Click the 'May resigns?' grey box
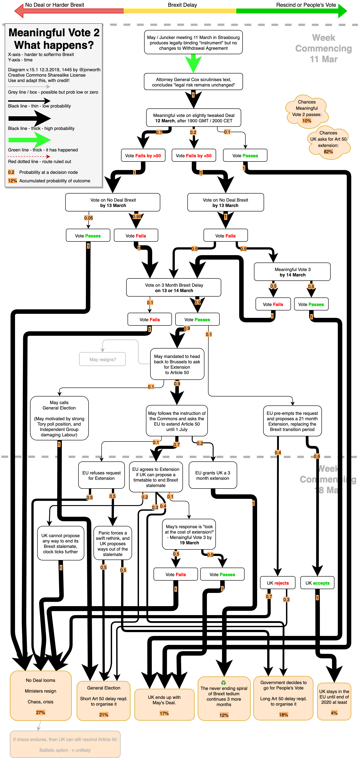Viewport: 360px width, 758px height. [x=102, y=359]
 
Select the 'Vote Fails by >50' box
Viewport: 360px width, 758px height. [x=143, y=155]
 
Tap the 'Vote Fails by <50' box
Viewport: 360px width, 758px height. [x=194, y=155]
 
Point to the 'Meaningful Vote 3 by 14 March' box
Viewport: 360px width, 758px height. [x=292, y=272]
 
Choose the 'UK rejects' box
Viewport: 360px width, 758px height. [x=278, y=583]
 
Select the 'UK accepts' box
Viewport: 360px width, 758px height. [x=317, y=583]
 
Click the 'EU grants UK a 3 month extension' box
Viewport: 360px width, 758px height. [x=213, y=475]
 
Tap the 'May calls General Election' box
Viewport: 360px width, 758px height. [x=59, y=418]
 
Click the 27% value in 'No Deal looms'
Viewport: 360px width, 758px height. [x=41, y=712]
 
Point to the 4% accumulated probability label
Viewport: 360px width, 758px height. [x=334, y=713]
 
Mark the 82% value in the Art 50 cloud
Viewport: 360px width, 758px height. [x=328, y=152]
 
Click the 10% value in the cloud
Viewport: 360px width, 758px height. [x=307, y=121]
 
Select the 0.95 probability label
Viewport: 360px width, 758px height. [x=137, y=217]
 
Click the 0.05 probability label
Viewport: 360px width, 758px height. [x=88, y=218]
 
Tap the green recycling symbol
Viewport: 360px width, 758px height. [x=224, y=682]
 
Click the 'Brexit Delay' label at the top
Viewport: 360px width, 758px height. [x=182, y=5]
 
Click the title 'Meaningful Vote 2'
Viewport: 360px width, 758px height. [x=54, y=32]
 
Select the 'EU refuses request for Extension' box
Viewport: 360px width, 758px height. [x=101, y=475]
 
